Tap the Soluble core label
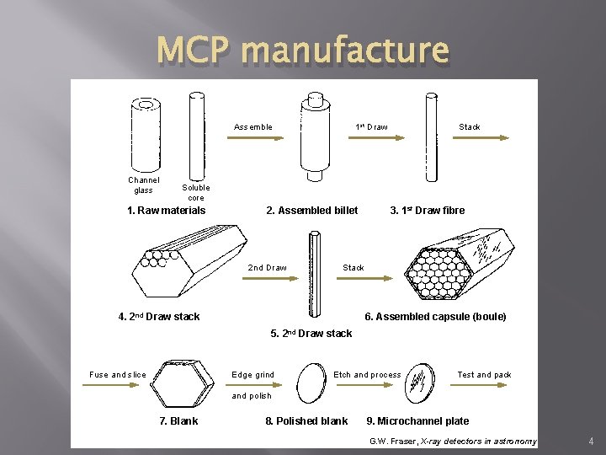196,193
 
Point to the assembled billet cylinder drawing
315,135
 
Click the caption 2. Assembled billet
311,211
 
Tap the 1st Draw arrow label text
372,127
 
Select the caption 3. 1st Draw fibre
427,211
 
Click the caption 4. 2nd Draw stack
159,317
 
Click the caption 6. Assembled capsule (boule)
435,317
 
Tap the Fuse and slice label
118,375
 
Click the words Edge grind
252,375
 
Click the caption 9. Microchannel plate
417,421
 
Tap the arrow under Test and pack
483,386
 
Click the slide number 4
592,440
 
